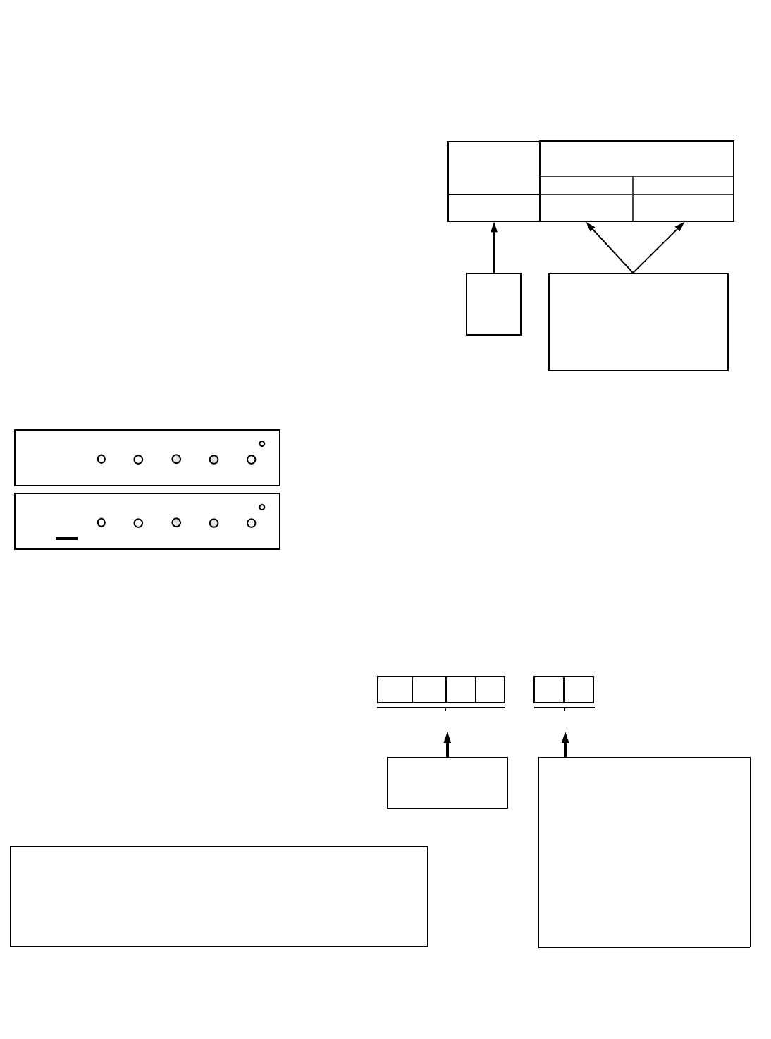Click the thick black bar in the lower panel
(66, 539)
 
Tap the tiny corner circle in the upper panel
(262, 443)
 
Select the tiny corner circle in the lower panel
(262, 507)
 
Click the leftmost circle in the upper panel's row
(101, 460)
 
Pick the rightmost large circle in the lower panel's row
(251, 523)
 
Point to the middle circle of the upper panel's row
(176, 459)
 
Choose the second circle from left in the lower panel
(139, 523)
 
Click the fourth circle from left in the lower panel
(214, 523)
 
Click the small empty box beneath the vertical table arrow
(493, 304)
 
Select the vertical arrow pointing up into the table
(494, 247)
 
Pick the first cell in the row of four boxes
(395, 689)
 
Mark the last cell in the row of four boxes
(491, 689)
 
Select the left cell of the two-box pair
(549, 689)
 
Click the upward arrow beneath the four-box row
(447, 744)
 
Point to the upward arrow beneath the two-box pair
(565, 744)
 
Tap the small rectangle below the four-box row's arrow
(448, 782)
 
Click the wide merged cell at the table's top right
(636, 159)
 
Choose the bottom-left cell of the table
(494, 208)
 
